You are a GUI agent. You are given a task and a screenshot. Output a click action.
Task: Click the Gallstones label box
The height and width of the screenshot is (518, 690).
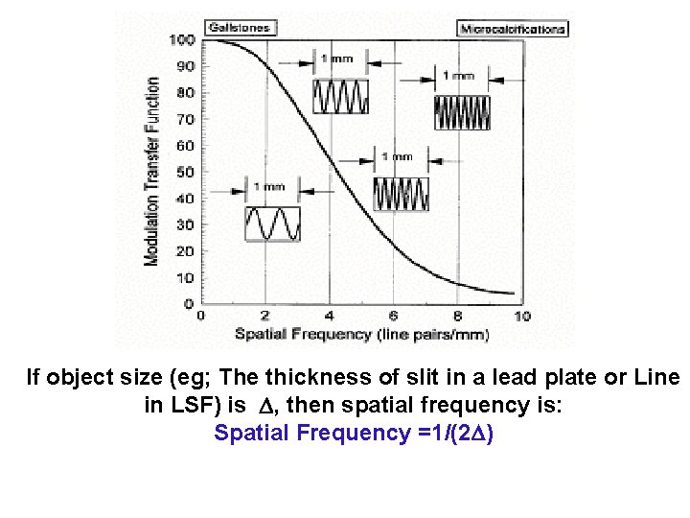tap(239, 29)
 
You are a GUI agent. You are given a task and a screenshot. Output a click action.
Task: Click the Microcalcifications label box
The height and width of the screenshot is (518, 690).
tap(513, 29)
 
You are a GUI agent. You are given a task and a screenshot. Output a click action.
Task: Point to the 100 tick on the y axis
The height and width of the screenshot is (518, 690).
tap(182, 40)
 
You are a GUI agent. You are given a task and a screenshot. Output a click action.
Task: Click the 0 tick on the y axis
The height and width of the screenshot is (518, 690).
tap(188, 304)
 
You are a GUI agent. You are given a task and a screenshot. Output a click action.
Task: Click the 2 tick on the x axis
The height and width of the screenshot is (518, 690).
tap(264, 316)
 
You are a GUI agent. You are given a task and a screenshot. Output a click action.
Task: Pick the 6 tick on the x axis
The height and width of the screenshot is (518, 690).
tap(394, 316)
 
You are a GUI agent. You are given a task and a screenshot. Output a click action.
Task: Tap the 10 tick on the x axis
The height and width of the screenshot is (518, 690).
tap(522, 316)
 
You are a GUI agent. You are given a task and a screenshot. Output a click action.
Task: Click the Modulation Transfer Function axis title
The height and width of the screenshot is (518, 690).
tap(152, 173)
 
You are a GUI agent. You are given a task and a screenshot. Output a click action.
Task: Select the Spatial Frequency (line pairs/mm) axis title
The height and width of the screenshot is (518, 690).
tap(362, 334)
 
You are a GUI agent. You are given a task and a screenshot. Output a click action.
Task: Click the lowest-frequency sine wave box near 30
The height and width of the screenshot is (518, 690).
tap(273, 224)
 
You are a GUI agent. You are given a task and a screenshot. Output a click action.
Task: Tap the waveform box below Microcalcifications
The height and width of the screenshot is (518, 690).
tap(462, 112)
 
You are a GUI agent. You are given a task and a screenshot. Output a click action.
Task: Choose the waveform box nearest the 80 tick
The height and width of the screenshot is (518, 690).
tap(341, 96)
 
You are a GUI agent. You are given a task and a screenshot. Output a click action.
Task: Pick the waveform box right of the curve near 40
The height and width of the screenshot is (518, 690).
tap(401, 194)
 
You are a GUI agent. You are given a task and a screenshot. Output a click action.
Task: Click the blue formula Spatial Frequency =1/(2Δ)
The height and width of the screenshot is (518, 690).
tap(354, 434)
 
